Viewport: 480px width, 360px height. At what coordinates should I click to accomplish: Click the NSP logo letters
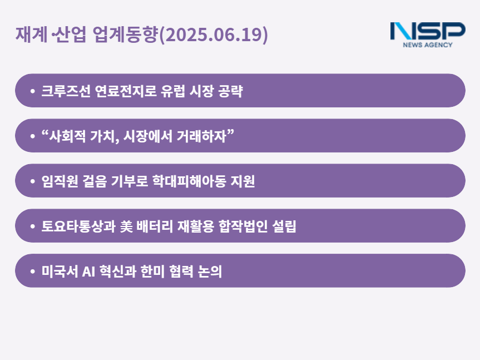click(428, 31)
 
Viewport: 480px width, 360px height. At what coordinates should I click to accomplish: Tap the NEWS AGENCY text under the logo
click(428, 45)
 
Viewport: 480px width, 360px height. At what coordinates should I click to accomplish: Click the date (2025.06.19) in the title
click(214, 34)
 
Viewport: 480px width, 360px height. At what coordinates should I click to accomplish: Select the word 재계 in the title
click(32, 34)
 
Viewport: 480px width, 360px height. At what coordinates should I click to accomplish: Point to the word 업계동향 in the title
click(125, 34)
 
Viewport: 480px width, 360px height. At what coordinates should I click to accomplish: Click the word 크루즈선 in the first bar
click(66, 91)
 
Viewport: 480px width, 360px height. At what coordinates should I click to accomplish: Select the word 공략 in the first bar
click(230, 91)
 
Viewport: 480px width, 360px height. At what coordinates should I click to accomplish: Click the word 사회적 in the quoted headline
click(67, 136)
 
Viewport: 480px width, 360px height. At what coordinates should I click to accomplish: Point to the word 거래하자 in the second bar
click(201, 136)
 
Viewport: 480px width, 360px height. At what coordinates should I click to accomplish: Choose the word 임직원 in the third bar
click(60, 181)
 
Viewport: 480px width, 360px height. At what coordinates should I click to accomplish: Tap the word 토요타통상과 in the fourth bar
click(78, 226)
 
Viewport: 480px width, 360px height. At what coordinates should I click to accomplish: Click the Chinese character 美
click(126, 226)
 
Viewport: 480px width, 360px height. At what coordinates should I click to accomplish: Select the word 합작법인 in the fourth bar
click(243, 226)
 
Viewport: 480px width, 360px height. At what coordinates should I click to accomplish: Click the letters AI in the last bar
click(88, 272)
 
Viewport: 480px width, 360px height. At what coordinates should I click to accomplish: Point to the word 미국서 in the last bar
click(60, 271)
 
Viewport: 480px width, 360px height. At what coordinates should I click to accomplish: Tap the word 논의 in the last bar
click(210, 271)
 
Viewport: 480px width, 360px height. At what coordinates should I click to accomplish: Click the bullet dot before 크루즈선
click(32, 91)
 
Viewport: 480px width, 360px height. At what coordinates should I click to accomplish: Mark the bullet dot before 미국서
click(32, 271)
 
